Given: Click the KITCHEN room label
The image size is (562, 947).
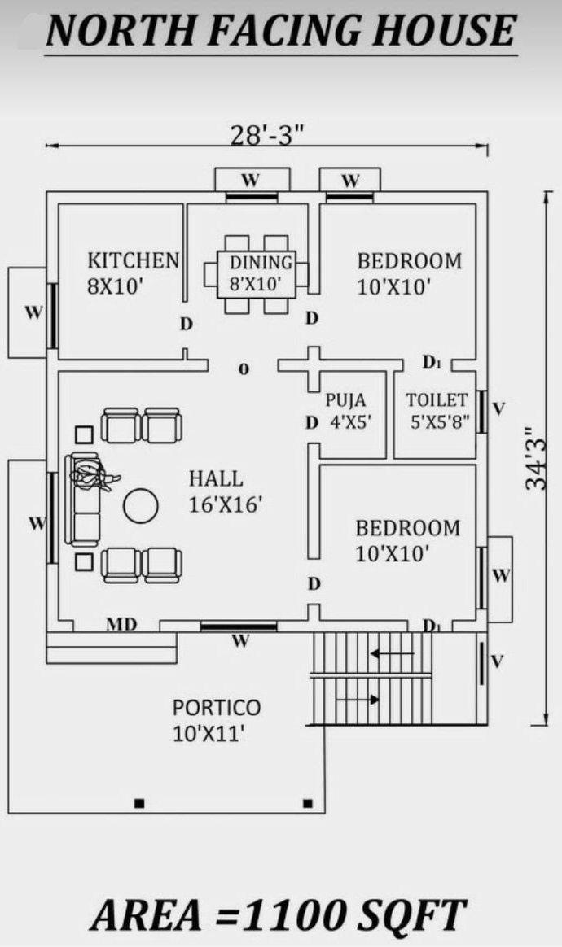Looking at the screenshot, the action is [x=133, y=260].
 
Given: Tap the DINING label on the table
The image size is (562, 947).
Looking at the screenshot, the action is [x=261, y=262].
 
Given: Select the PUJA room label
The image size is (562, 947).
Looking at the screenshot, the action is [x=345, y=399].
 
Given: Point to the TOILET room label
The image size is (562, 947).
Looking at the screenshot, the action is [x=437, y=399].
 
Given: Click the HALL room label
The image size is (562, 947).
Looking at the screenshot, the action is [x=216, y=478].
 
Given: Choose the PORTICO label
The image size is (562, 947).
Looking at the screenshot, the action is [x=217, y=707].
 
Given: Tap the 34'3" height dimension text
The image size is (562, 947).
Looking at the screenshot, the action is [x=536, y=457].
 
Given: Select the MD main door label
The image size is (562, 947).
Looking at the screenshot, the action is [x=121, y=624].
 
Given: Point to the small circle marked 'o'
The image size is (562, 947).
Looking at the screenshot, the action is [x=244, y=369].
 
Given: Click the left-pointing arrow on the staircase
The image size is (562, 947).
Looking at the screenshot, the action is [x=393, y=653].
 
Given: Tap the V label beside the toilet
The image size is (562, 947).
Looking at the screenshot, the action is [x=498, y=409].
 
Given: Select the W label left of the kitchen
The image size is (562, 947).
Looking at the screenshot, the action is [x=34, y=312].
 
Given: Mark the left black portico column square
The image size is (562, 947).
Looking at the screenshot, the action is [x=139, y=803].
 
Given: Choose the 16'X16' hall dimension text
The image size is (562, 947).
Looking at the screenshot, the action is [x=225, y=504].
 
